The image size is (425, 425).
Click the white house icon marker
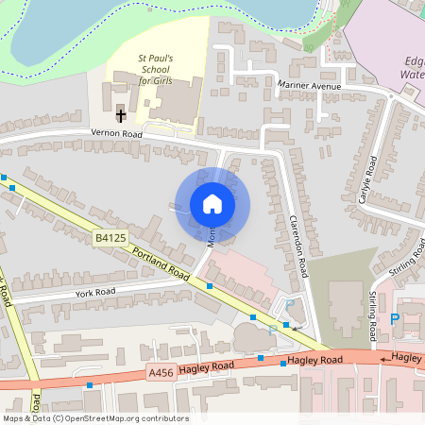212,204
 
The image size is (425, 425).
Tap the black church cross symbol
121,115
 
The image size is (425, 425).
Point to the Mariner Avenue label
309,86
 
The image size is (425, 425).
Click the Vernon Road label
115,135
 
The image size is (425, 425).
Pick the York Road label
94,293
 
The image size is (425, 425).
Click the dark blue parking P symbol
395,320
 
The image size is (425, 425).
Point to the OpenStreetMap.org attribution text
95,418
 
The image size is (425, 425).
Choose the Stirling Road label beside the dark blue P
373,312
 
